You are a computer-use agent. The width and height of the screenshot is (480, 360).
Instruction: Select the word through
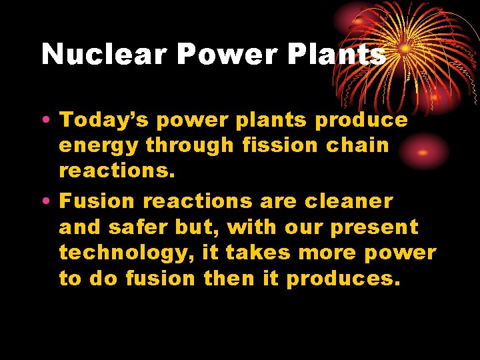(189, 145)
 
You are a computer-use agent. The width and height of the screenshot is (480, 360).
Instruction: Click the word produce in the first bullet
(361, 121)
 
